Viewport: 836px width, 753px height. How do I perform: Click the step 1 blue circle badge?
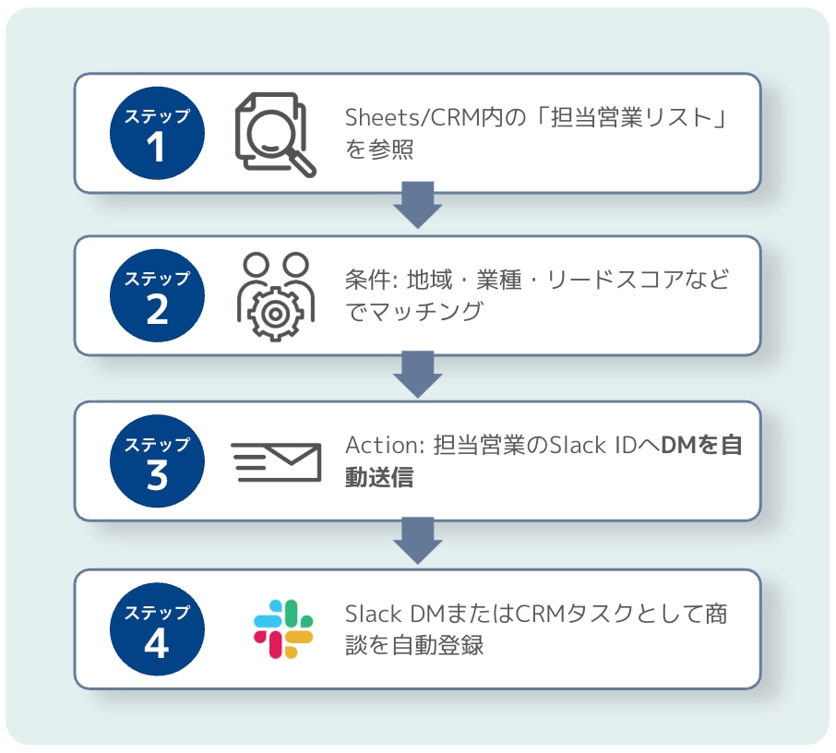(157, 134)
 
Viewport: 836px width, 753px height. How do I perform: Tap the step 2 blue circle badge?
(157, 296)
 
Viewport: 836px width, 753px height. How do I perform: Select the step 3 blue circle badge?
(157, 461)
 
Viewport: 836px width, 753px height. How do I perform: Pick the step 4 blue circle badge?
(157, 629)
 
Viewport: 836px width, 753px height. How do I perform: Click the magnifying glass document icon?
(274, 135)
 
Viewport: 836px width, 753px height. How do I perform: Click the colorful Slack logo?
(283, 629)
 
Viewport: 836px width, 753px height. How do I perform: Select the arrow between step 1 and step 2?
(418, 204)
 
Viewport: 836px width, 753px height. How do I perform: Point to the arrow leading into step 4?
(418, 537)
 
